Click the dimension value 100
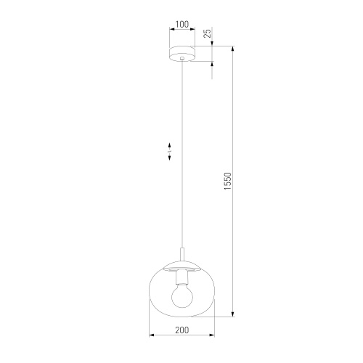click(x=181, y=24)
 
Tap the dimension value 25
click(x=208, y=33)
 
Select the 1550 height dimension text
click(x=227, y=181)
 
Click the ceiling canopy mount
click(x=181, y=54)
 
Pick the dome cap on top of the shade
click(x=181, y=262)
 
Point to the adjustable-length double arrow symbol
click(x=170, y=152)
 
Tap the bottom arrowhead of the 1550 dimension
click(x=233, y=315)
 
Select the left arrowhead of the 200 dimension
click(x=151, y=336)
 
